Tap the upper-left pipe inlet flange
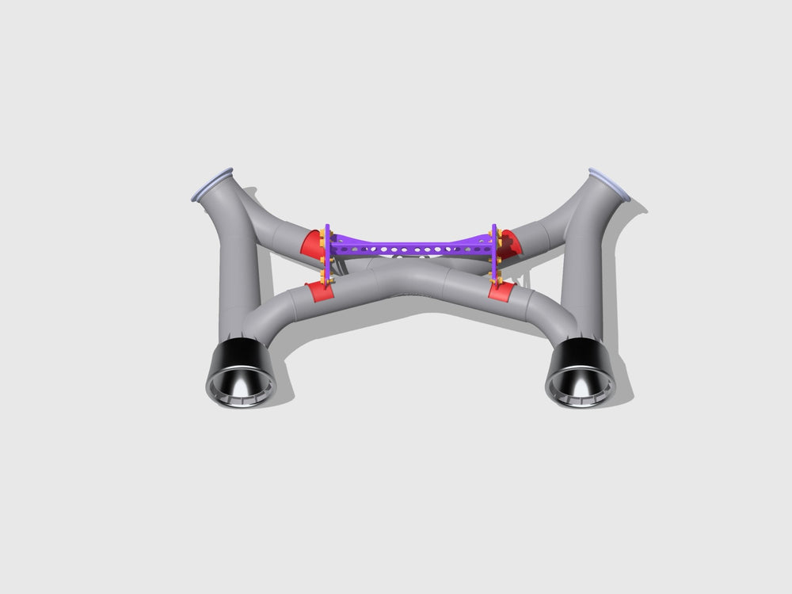213,183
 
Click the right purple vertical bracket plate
496,252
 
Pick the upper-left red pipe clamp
312,243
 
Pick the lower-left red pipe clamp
320,291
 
